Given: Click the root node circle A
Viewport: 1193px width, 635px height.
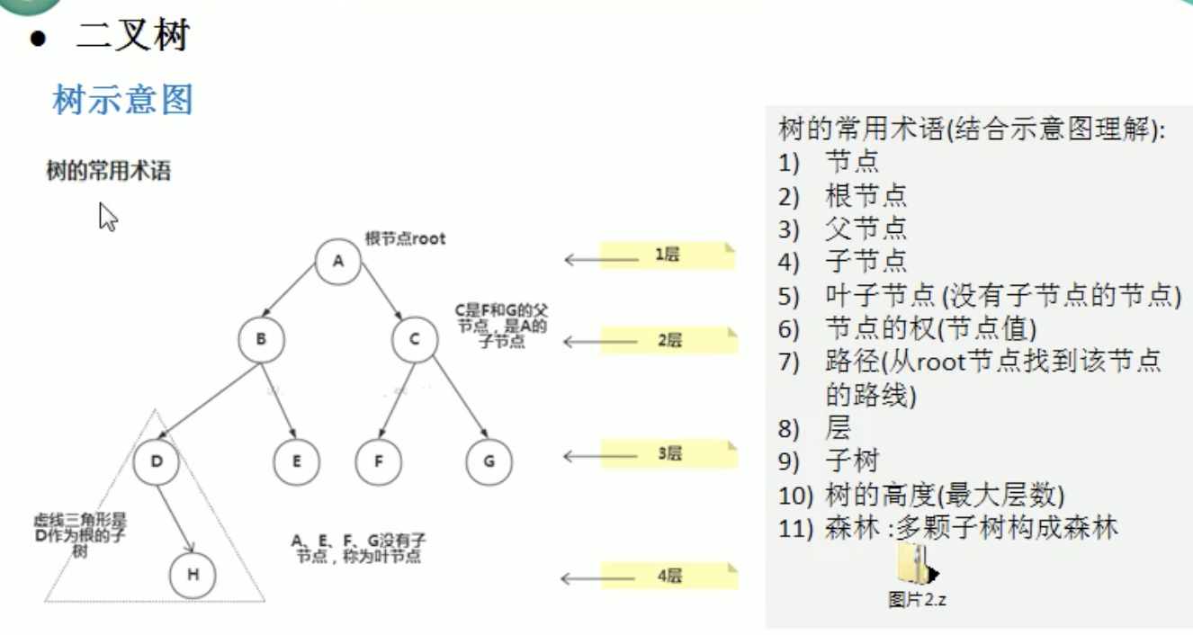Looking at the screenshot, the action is click(x=337, y=262).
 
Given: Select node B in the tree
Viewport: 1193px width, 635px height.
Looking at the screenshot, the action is click(x=261, y=339).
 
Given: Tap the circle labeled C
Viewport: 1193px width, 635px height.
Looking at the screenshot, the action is click(x=415, y=339).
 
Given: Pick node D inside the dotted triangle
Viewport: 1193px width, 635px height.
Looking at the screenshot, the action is click(x=156, y=461).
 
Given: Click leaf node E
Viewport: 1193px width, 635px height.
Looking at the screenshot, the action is click(x=297, y=461).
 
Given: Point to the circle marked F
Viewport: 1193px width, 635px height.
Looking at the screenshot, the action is click(x=379, y=461).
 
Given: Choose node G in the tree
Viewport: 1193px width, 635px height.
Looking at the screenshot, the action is click(x=489, y=461).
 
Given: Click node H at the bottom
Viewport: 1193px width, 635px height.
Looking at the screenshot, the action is click(x=193, y=575).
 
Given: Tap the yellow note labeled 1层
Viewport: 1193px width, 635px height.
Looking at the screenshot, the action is click(x=668, y=255).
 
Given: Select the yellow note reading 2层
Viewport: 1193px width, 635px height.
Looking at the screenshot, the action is click(x=669, y=341).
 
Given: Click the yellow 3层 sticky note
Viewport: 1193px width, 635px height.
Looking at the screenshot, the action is click(x=669, y=454).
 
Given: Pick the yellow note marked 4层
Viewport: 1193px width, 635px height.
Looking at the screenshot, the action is click(x=669, y=576).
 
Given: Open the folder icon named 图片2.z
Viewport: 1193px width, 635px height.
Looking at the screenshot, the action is click(x=917, y=564).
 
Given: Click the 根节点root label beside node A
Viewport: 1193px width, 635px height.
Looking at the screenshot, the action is click(x=405, y=238).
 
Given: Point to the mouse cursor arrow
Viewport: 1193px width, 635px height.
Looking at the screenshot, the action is click(x=108, y=217).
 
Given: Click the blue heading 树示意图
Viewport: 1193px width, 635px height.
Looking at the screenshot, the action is click(x=122, y=100).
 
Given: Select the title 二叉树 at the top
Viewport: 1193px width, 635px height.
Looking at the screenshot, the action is click(x=133, y=35).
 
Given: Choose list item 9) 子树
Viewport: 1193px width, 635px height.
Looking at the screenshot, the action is click(x=829, y=461).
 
